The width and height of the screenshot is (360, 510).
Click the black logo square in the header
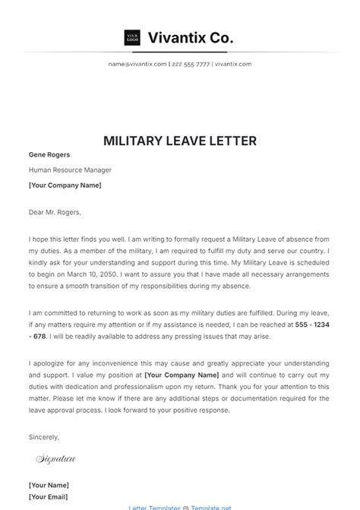(x=132, y=37)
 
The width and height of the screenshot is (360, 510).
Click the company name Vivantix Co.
(x=190, y=37)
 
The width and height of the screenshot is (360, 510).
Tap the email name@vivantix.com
(x=137, y=65)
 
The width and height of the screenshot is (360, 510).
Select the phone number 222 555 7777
(x=190, y=65)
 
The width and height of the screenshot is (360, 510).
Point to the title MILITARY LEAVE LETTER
(x=180, y=141)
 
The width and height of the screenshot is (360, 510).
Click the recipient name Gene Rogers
(x=49, y=155)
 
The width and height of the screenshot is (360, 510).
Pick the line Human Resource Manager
(x=70, y=169)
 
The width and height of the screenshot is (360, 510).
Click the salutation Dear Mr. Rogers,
(x=55, y=212)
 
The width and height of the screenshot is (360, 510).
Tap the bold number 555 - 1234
(x=312, y=324)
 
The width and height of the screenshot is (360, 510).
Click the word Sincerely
(x=43, y=436)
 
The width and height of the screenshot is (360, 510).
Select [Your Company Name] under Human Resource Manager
(x=65, y=185)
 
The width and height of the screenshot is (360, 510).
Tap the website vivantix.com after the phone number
(x=233, y=65)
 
